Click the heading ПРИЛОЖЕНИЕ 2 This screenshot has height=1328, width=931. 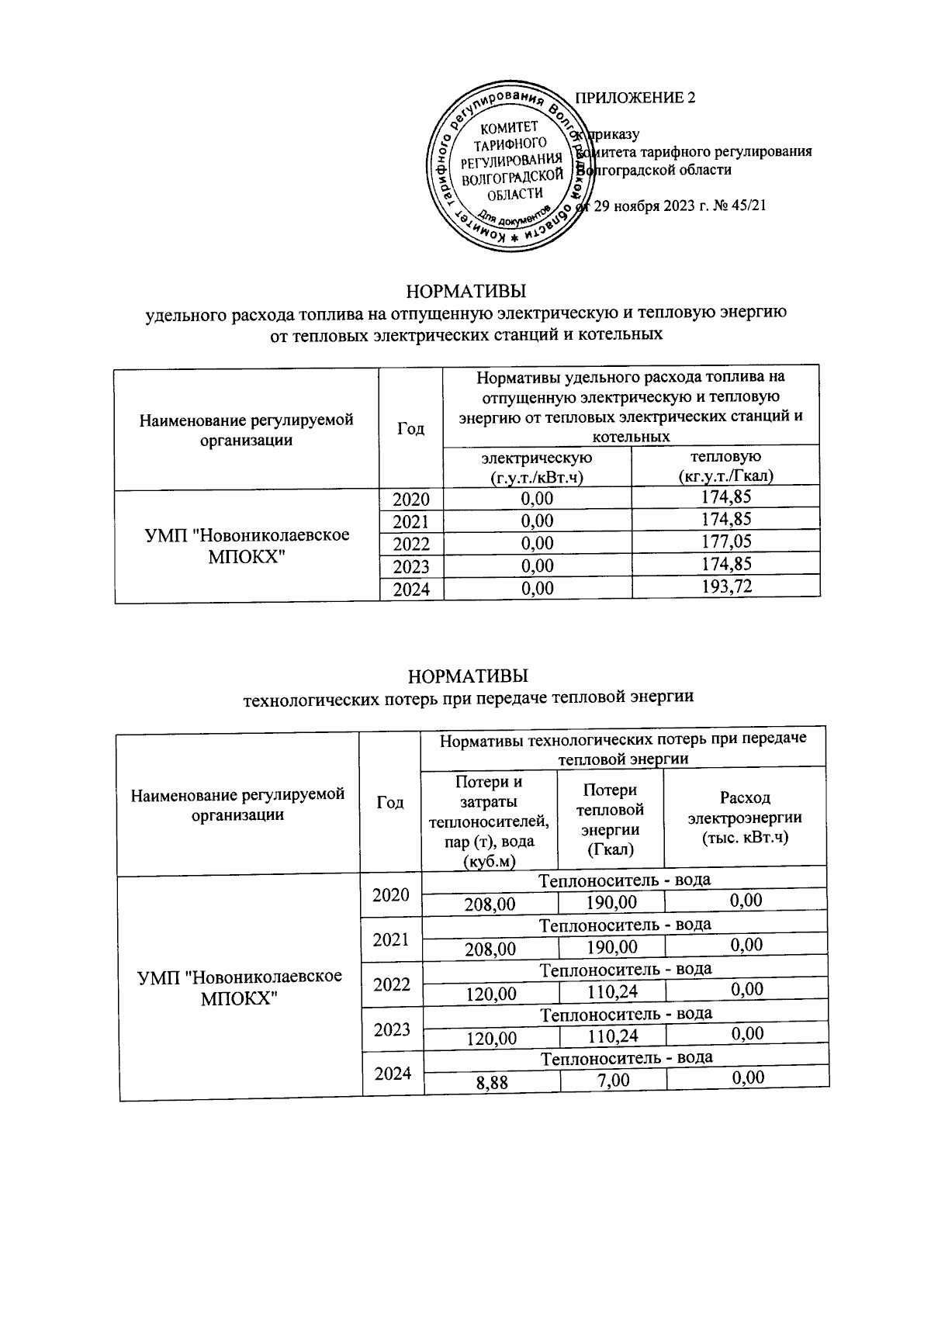(635, 98)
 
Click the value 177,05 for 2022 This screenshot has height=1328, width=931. (725, 541)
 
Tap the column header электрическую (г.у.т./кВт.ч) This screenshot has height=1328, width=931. (537, 467)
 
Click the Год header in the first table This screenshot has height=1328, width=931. (410, 429)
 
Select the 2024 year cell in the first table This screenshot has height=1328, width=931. (411, 590)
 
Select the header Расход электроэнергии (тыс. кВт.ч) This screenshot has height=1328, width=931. (745, 817)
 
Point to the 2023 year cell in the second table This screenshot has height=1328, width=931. (392, 1030)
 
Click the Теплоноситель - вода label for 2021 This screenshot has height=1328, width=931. (625, 924)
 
